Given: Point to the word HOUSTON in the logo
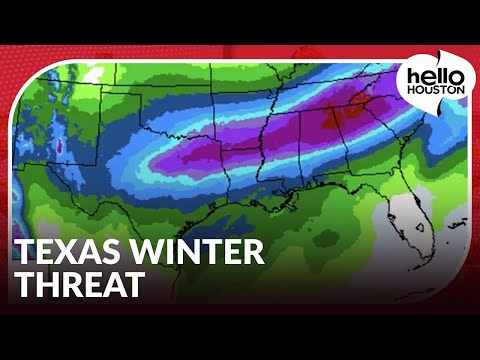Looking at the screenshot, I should coord(431,92).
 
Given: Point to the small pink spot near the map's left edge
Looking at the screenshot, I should coord(59,147).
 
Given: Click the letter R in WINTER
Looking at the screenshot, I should coord(254,252).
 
